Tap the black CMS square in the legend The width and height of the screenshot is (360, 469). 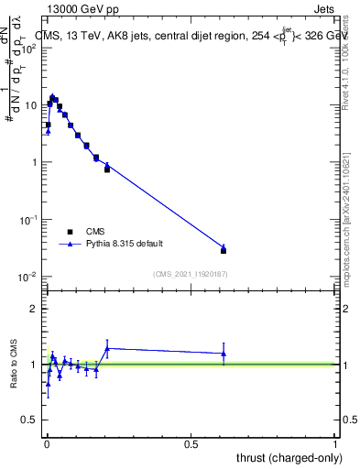pyautogui.click(x=70, y=232)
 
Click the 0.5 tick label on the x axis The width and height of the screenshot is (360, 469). pyautogui.click(x=191, y=444)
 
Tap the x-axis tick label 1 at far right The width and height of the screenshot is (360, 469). pyautogui.click(x=335, y=444)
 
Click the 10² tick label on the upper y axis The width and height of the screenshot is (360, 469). pyautogui.click(x=30, y=48)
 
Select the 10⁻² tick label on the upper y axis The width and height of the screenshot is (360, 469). pyautogui.click(x=30, y=278)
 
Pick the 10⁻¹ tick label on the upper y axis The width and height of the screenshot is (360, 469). pyautogui.click(x=30, y=220)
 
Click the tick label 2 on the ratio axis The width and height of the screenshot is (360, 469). pyautogui.click(x=35, y=309)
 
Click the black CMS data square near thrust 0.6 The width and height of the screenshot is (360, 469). pyautogui.click(x=224, y=250)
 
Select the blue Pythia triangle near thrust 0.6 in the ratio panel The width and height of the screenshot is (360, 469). pyautogui.click(x=224, y=354)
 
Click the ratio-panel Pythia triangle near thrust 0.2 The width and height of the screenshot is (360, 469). pyautogui.click(x=107, y=348)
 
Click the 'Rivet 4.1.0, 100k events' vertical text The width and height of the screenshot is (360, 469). pyautogui.click(x=345, y=64)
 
